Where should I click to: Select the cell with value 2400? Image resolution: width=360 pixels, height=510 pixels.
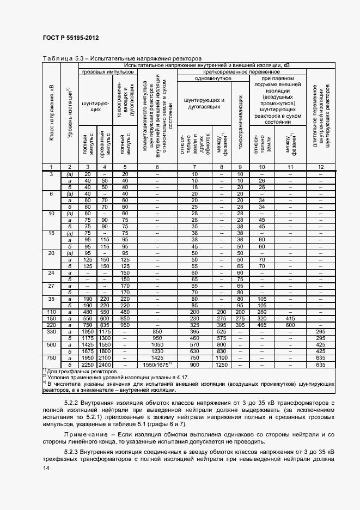coord(106,365)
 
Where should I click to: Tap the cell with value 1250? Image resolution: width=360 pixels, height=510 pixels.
coord(221,365)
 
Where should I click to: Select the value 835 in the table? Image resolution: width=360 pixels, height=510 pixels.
coord(106,324)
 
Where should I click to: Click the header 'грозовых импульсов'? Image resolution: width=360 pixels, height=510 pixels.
coord(107,71)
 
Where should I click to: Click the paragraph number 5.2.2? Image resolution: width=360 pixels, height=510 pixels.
coord(72,402)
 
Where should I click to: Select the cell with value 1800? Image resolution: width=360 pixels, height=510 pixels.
coord(106,351)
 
